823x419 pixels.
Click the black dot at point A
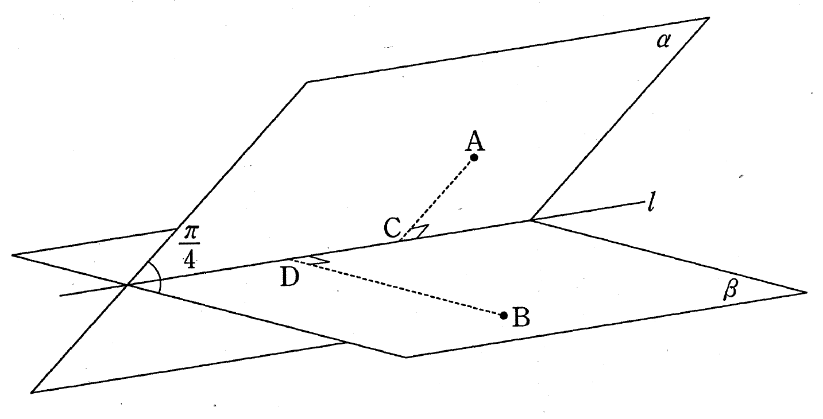(474, 157)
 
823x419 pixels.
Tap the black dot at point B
(504, 316)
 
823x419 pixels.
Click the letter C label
(392, 228)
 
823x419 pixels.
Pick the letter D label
(290, 277)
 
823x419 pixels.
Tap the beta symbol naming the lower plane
(730, 289)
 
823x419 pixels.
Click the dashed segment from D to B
(397, 288)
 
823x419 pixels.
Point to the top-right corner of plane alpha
(709, 17)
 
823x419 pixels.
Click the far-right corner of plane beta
(807, 292)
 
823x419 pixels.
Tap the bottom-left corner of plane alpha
(31, 393)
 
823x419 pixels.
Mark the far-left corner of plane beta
(12, 255)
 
